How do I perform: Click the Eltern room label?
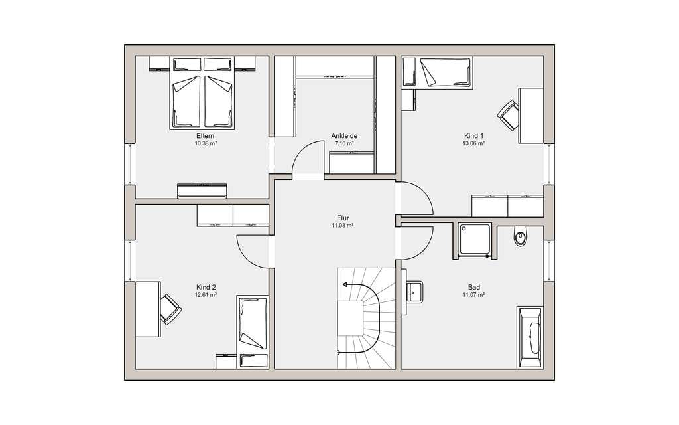point(206,135)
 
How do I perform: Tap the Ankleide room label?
point(344,135)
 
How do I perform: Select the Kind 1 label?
point(473,135)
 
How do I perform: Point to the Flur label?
point(343,218)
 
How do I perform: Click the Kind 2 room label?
point(206,287)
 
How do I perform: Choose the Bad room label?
point(473,287)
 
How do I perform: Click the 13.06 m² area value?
point(473,143)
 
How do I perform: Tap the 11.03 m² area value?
point(343,226)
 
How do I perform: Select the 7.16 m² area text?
point(344,143)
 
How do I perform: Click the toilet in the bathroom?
point(520,237)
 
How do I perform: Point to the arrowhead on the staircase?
point(345,284)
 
